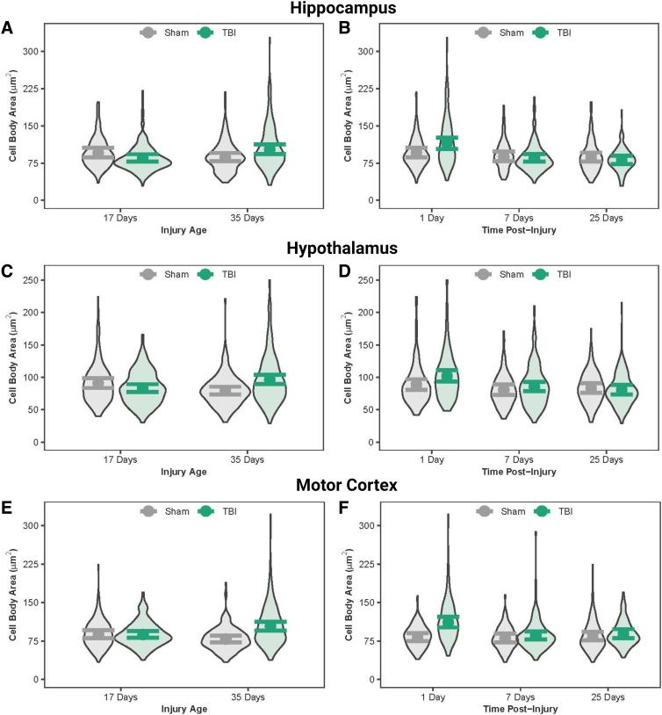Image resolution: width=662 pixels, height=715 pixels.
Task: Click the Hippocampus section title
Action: pos(329,9)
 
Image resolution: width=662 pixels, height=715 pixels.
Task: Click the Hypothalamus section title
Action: pos(329,248)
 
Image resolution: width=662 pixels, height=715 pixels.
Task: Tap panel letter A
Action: pos(7,29)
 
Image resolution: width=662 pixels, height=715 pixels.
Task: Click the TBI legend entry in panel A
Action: pos(225,32)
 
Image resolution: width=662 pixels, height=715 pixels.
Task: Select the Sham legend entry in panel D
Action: pos(507,275)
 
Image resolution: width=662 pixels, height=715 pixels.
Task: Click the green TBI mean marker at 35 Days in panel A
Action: pos(270,149)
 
